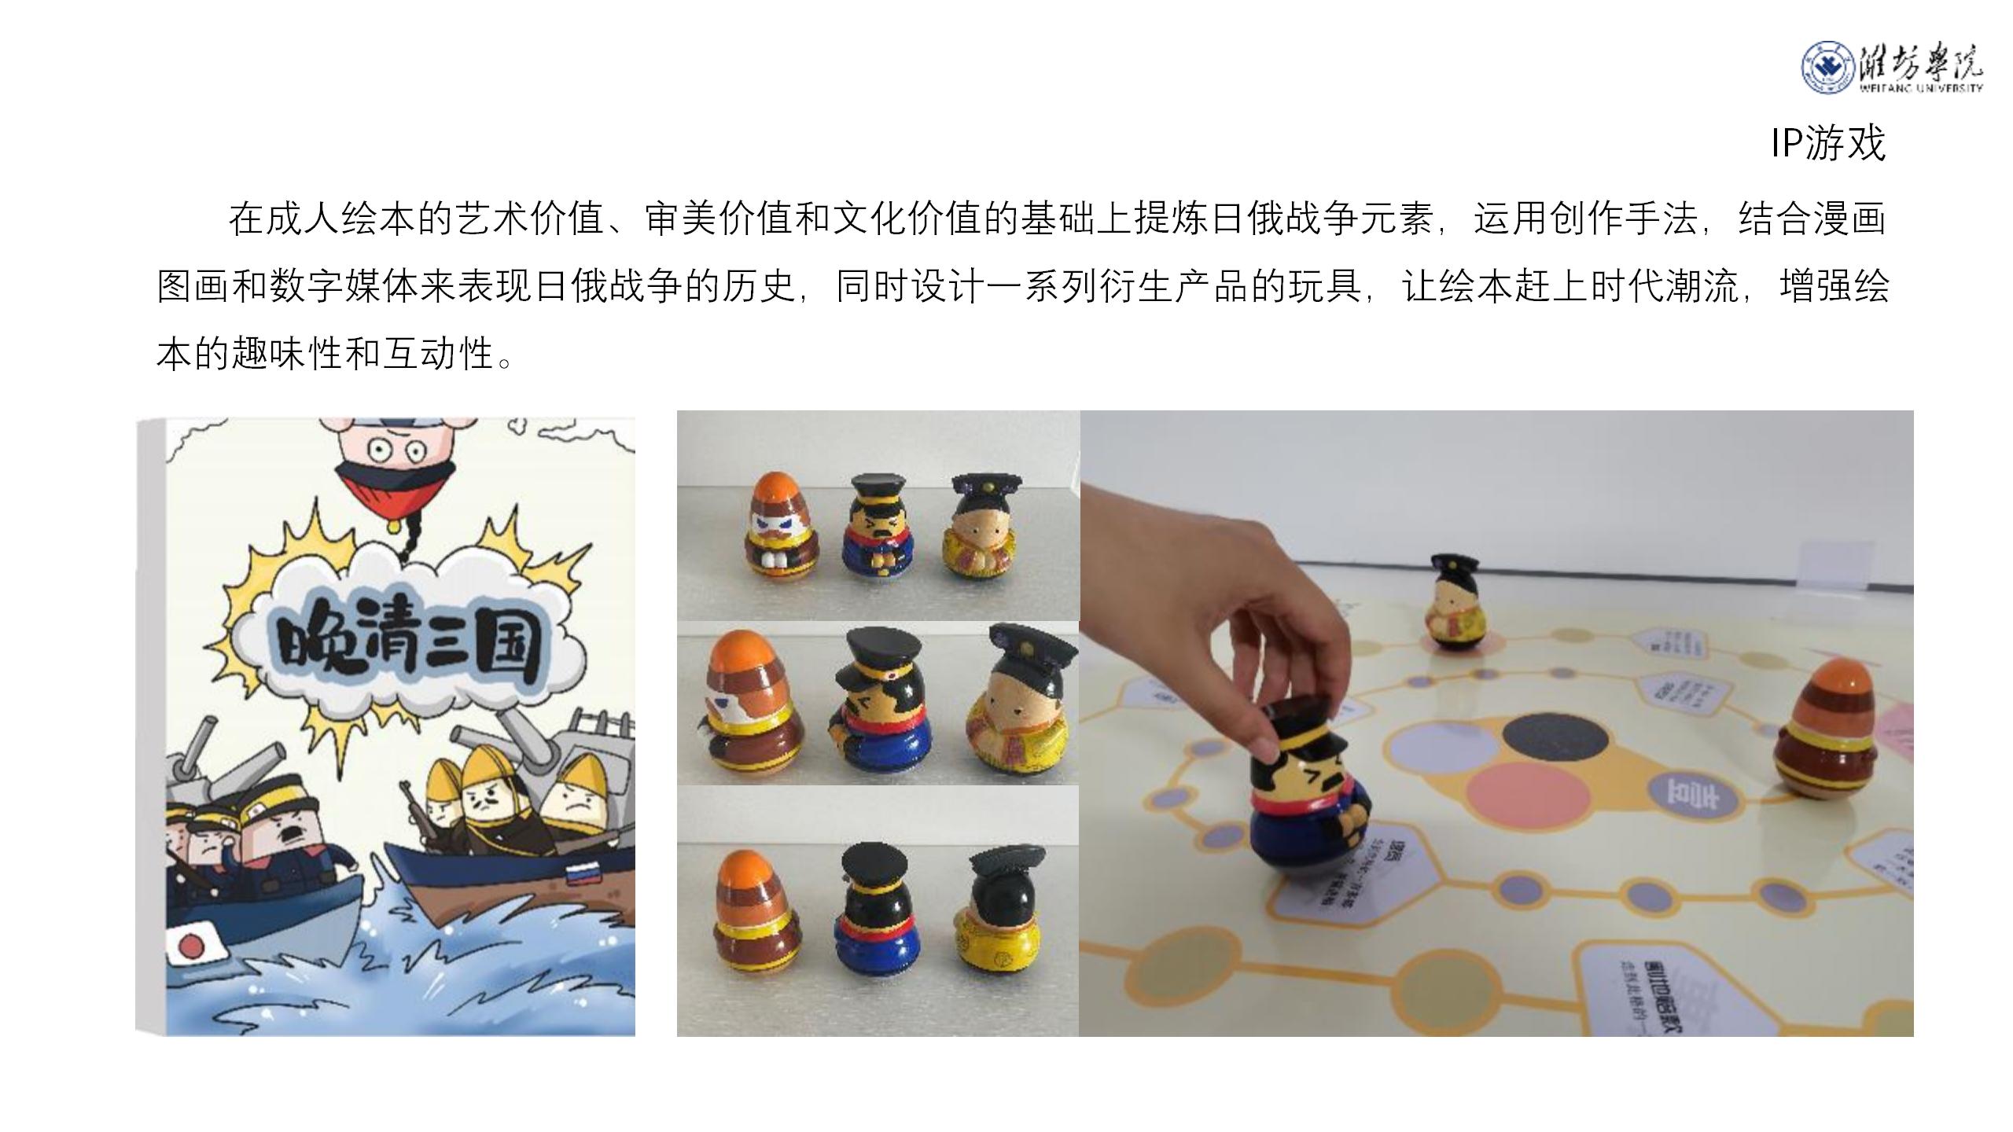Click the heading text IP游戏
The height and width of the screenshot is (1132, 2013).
(x=1827, y=144)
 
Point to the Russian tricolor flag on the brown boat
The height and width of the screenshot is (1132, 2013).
(x=582, y=873)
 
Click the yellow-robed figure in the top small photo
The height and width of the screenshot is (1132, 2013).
(x=979, y=527)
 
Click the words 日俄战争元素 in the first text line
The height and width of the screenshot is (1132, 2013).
(x=1323, y=219)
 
